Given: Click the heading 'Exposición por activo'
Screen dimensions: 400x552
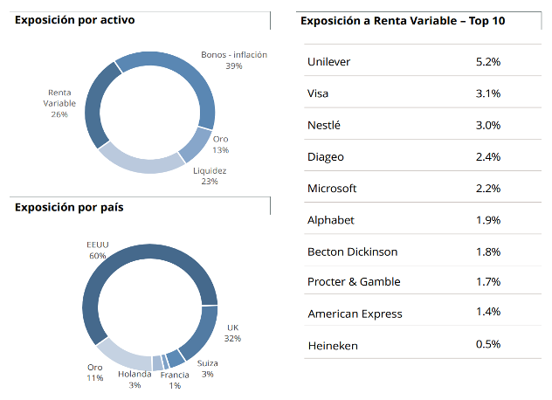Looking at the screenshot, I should [x=75, y=19].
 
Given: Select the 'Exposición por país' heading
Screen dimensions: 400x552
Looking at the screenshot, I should [x=69, y=207].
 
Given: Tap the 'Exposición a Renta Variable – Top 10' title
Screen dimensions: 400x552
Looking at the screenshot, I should [x=403, y=19].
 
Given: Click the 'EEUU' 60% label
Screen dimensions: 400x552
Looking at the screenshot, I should [x=97, y=250].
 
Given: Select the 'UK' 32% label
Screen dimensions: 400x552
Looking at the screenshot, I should [x=232, y=333].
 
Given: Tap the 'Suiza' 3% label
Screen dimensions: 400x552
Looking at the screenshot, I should [x=208, y=368].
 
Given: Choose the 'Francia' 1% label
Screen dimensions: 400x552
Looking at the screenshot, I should [x=175, y=380].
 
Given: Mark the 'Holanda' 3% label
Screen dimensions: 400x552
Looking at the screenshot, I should [x=135, y=379].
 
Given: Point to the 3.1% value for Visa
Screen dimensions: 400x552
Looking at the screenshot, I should [x=488, y=93].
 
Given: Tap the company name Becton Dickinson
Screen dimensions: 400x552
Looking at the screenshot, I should [x=352, y=252].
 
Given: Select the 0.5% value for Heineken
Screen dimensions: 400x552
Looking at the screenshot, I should [x=488, y=344].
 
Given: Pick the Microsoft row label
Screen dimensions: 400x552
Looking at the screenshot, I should [x=332, y=189].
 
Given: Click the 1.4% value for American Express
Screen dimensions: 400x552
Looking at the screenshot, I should [x=488, y=313].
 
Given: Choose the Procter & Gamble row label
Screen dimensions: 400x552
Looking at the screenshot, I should [x=354, y=282].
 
